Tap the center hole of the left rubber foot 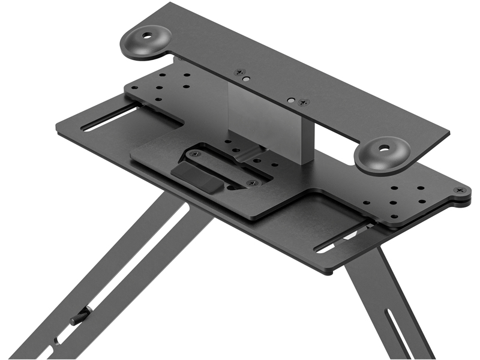click(146, 37)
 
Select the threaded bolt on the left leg click(80, 316)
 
